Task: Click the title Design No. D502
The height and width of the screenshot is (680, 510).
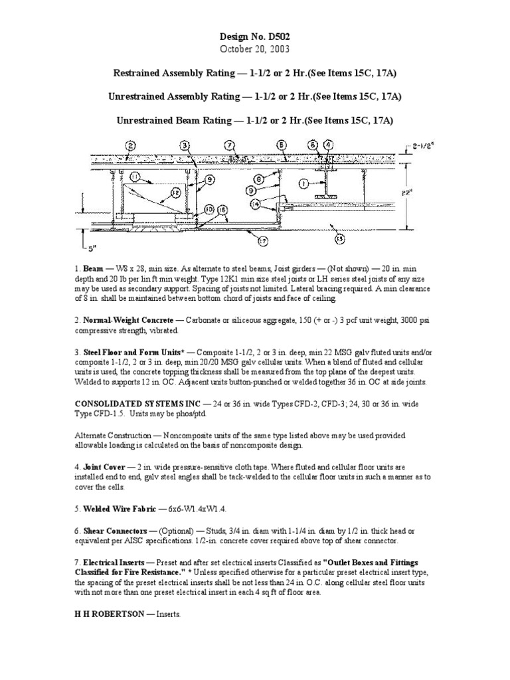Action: pyautogui.click(x=255, y=38)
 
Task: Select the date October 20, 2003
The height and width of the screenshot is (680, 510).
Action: pyautogui.click(x=255, y=50)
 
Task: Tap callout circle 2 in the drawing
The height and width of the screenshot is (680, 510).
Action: pyautogui.click(x=131, y=145)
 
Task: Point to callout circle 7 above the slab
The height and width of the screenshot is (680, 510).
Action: pyautogui.click(x=229, y=145)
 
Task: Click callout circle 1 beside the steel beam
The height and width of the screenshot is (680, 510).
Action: pyautogui.click(x=303, y=183)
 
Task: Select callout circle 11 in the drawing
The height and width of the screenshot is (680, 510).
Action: pyautogui.click(x=135, y=178)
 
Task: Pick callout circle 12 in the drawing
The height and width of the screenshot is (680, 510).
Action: pyautogui.click(x=176, y=192)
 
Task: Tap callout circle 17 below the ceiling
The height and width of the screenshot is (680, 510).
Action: pyautogui.click(x=264, y=240)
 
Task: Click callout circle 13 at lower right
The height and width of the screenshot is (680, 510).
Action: pyautogui.click(x=341, y=237)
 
